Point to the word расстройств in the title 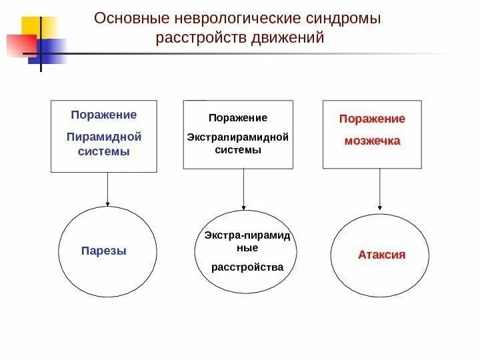201,37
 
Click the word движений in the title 289,37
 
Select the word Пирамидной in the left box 105,137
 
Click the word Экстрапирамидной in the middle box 238,137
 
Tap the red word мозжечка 372,141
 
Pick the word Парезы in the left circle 103,251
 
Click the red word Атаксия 381,255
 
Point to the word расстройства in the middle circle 247,267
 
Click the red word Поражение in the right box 372,119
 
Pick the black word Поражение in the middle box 238,118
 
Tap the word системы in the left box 105,151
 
